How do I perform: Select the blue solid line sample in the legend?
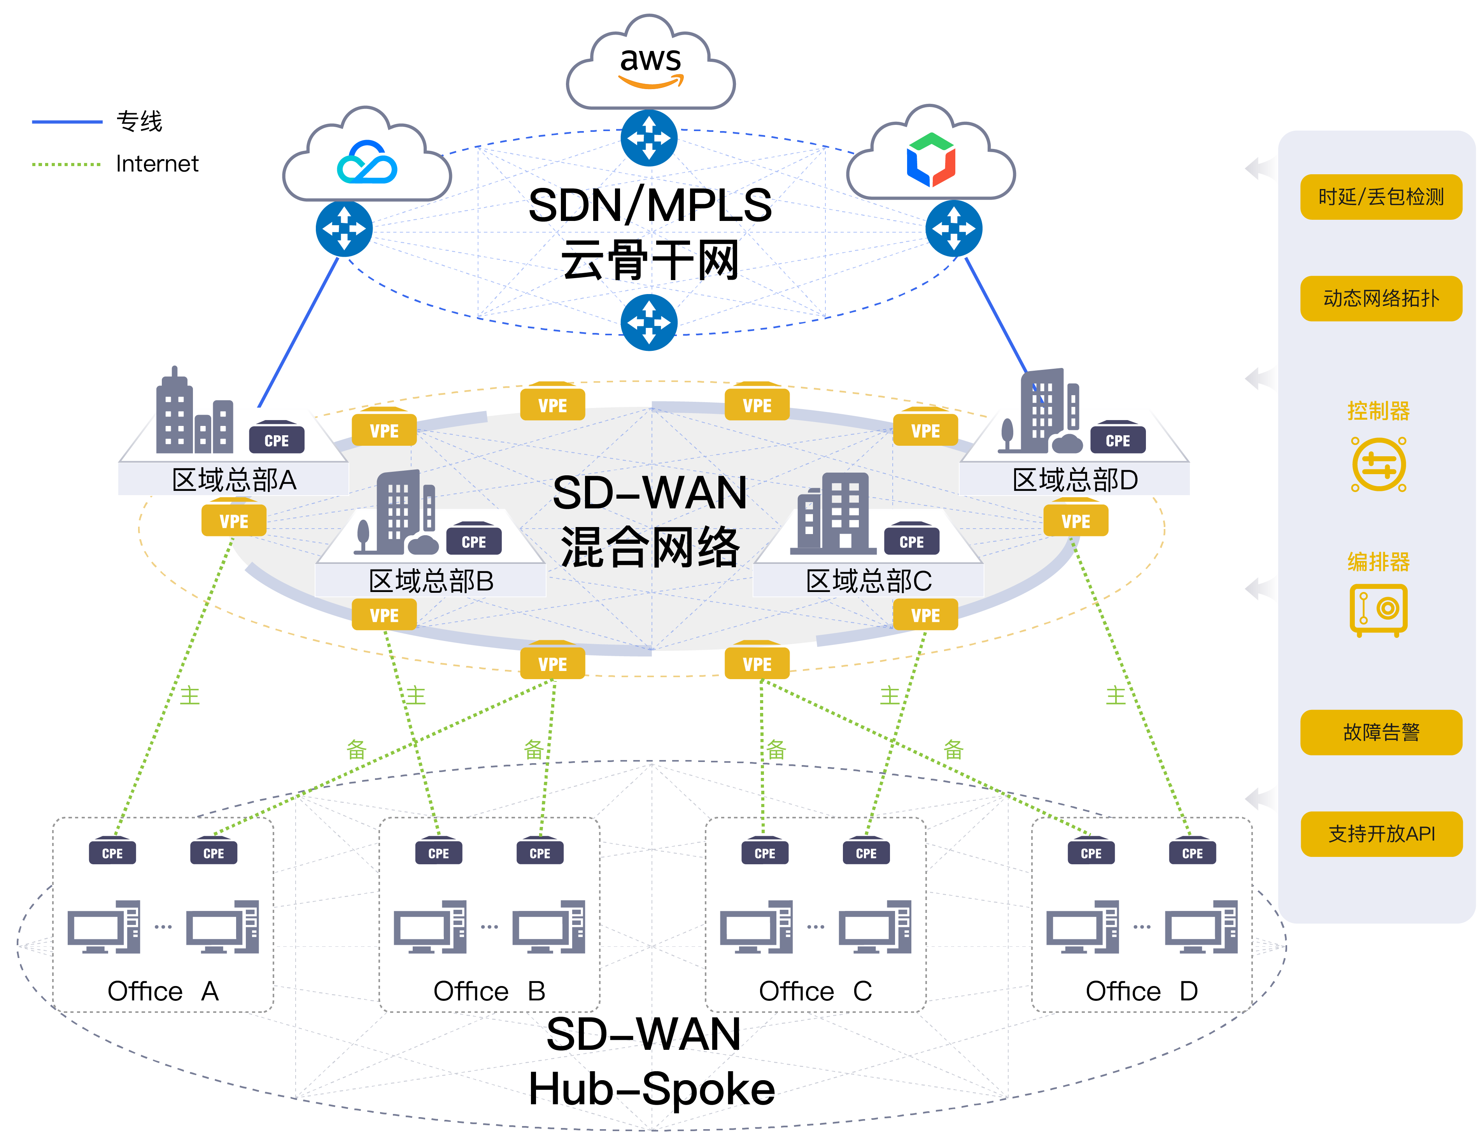click(67, 122)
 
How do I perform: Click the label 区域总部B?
click(431, 581)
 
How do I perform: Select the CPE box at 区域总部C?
click(911, 541)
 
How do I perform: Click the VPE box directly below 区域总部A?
click(234, 521)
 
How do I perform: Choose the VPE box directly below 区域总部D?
click(1076, 521)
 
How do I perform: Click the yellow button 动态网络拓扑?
click(1381, 299)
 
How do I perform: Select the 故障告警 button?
click(1381, 732)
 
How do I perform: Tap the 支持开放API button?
click(1381, 834)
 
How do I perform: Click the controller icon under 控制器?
click(1379, 465)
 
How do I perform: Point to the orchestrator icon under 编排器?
click(1378, 610)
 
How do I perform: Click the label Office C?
click(815, 991)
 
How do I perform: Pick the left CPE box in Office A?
click(112, 853)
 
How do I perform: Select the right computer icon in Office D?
click(1201, 927)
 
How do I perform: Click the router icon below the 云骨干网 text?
click(649, 322)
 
